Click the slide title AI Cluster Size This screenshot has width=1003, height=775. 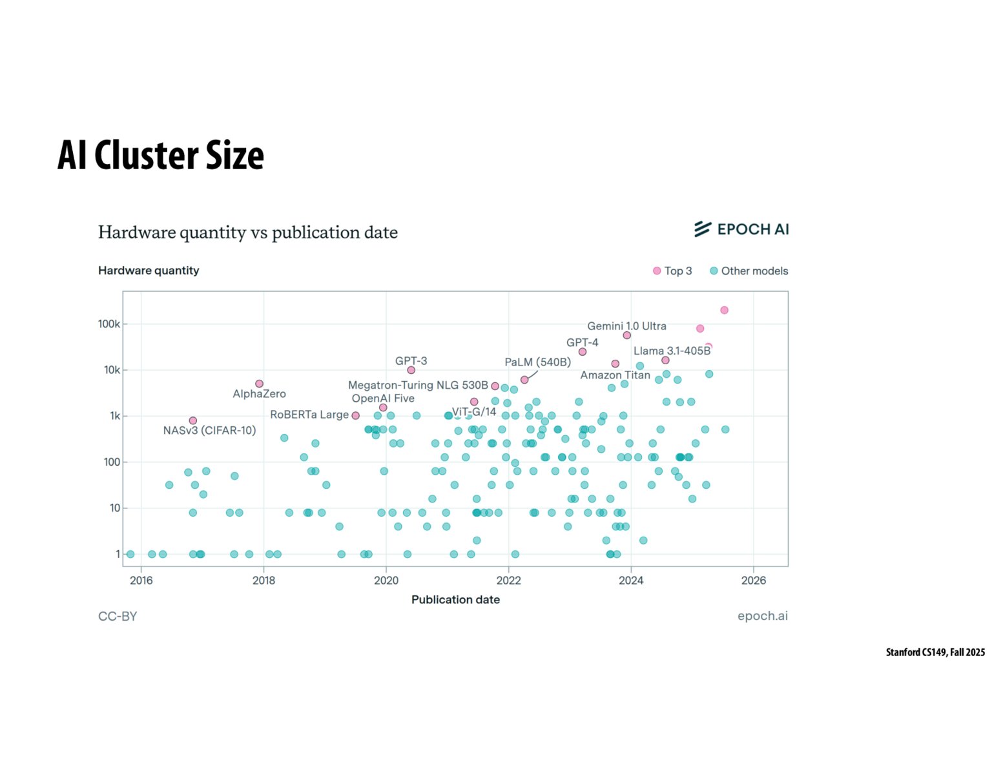point(161,156)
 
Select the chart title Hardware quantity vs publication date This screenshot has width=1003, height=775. point(247,232)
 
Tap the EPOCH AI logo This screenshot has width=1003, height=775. point(741,229)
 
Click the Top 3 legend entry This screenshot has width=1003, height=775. point(672,271)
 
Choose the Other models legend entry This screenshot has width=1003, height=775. point(749,271)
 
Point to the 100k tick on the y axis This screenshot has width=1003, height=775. point(109,324)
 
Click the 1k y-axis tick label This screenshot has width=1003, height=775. point(114,416)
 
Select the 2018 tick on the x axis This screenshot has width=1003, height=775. point(264,581)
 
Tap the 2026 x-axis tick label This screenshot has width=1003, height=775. point(753,581)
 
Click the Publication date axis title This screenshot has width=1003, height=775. point(455,600)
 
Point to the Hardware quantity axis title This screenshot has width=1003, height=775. point(149,271)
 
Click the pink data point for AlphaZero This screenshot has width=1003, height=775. point(260,384)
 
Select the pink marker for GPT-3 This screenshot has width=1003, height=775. point(411,370)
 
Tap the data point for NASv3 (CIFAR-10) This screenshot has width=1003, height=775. point(193,420)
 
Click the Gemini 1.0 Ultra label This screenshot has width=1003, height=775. point(626,326)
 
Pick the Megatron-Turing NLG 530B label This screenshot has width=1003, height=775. point(418,386)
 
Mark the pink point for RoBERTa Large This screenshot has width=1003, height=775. point(356,415)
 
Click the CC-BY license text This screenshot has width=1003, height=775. point(118,617)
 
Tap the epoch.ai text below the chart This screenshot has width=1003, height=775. point(762,616)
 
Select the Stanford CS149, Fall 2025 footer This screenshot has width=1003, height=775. point(935,652)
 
